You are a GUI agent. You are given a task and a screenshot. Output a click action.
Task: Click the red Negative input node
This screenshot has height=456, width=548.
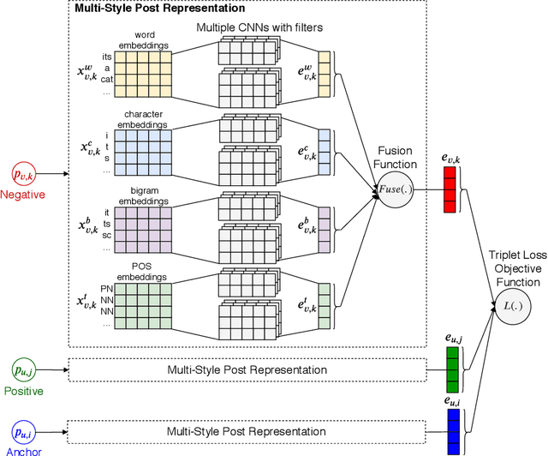[x=24, y=174]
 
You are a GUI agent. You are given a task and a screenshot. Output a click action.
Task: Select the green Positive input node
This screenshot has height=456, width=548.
[x=24, y=369]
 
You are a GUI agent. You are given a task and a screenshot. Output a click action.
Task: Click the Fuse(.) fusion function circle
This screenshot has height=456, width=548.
[x=396, y=189]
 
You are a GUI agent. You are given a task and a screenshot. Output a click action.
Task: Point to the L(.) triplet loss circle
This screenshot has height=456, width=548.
[x=509, y=305]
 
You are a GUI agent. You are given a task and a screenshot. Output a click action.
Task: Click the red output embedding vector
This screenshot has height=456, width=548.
[x=450, y=188]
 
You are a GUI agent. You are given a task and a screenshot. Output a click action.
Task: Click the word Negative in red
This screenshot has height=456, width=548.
[x=24, y=195]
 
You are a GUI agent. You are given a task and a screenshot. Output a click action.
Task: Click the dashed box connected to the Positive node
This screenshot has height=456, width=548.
[x=247, y=369]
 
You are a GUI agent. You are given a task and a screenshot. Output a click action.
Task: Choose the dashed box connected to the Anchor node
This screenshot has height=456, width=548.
[x=247, y=431]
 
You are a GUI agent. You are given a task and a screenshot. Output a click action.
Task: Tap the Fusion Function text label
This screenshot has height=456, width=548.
[x=396, y=156]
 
